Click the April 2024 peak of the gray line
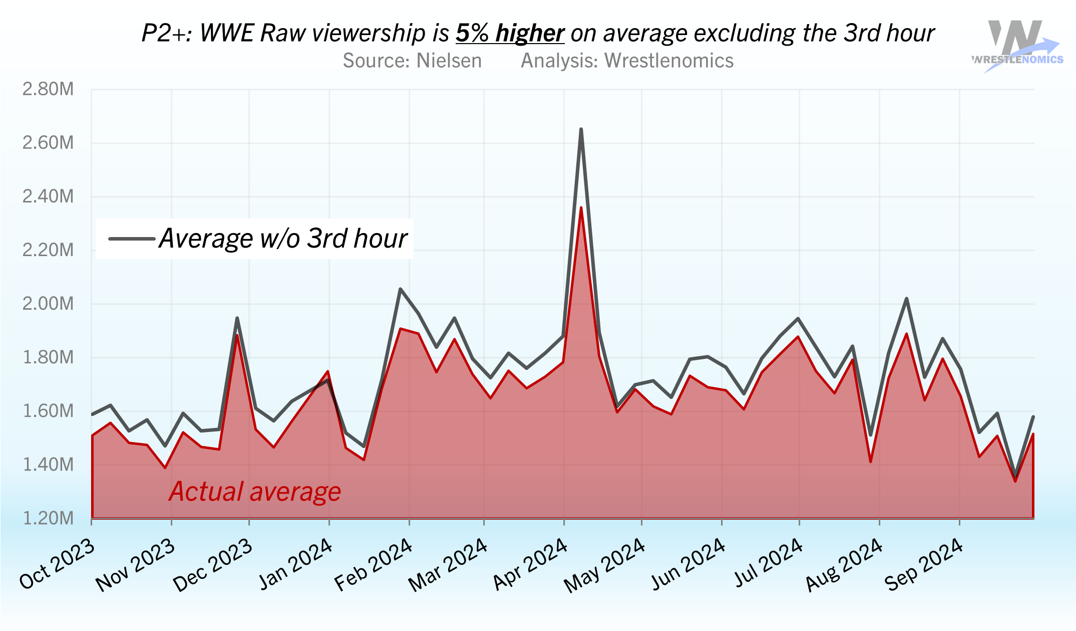click(x=581, y=130)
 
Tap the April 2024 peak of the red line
click(x=581, y=207)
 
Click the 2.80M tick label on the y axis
click(x=48, y=89)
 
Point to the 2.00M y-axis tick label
click(x=48, y=304)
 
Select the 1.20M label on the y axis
click(x=48, y=518)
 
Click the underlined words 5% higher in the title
click(x=510, y=34)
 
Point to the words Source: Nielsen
click(x=412, y=61)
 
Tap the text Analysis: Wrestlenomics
click(x=627, y=61)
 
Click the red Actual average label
click(x=255, y=492)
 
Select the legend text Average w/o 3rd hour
click(x=283, y=239)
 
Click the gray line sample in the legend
click(x=132, y=239)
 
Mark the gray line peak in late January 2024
click(x=400, y=289)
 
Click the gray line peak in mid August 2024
click(x=906, y=299)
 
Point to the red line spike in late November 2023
click(x=237, y=335)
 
